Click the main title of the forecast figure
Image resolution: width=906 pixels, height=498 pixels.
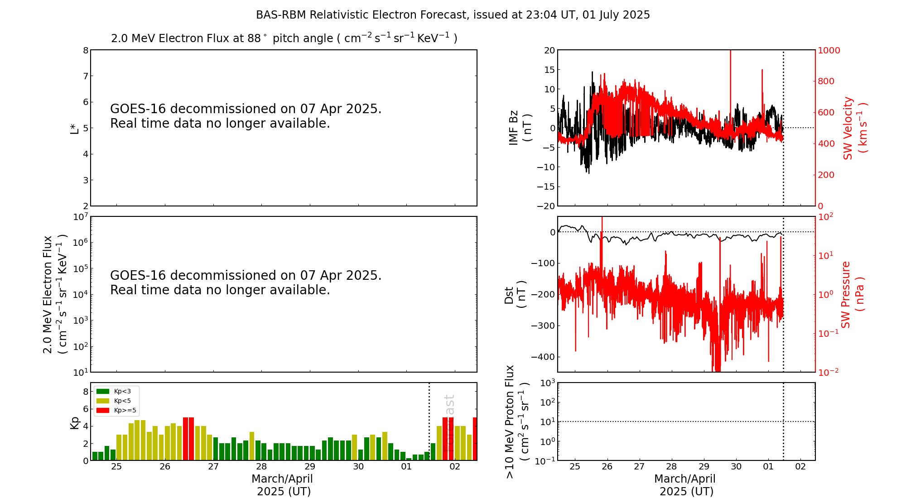point(453,15)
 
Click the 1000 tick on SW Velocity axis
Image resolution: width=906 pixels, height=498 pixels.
point(829,50)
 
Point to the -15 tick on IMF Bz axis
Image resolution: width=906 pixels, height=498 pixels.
point(546,187)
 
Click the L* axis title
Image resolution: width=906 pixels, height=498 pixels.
point(75,128)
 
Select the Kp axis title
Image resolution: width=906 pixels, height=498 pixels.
point(75,422)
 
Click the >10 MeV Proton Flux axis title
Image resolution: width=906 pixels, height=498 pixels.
point(516,422)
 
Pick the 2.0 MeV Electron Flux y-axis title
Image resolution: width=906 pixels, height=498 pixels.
point(54,294)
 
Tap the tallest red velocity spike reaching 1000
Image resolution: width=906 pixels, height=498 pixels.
point(730,68)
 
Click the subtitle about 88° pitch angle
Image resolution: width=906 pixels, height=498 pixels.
point(284,38)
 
